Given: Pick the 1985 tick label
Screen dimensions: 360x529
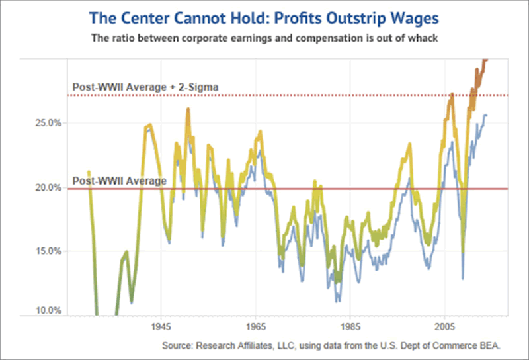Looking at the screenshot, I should [350, 327].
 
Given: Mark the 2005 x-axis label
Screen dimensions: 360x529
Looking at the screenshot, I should [444, 327].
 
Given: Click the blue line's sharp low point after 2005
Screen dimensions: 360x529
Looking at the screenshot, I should [463, 278].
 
